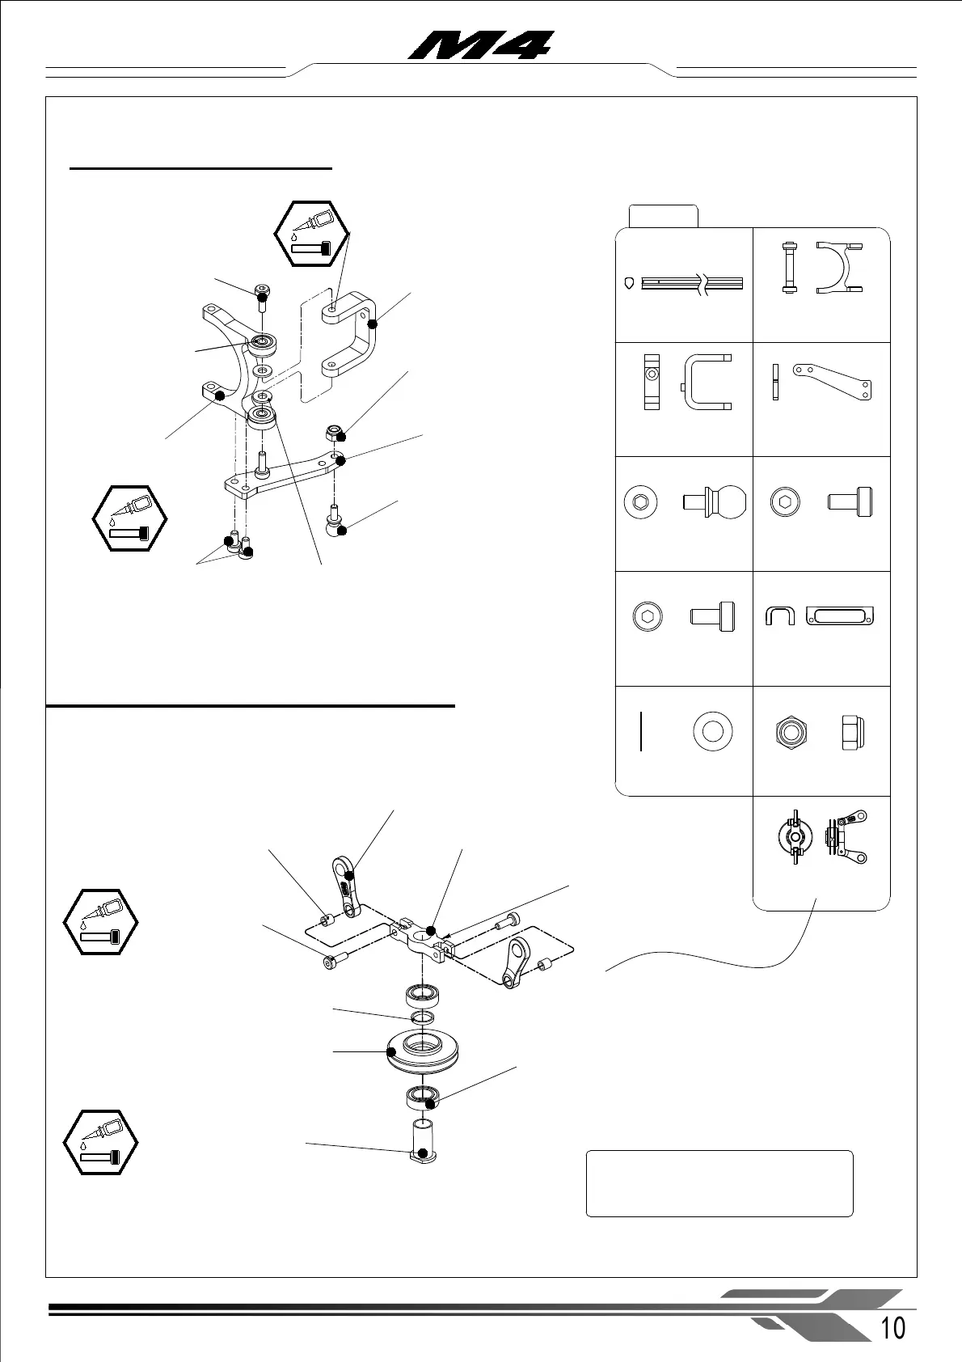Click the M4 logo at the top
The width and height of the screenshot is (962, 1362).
coord(482,45)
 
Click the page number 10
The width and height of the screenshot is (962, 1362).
coord(892,1327)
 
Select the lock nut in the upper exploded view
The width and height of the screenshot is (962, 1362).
coord(335,432)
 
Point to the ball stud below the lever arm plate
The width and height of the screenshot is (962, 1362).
coord(335,521)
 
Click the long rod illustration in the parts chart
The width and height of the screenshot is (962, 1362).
coord(691,283)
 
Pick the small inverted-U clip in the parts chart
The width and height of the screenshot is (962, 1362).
coord(779,616)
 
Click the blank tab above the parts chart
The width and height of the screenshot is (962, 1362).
coord(663,217)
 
